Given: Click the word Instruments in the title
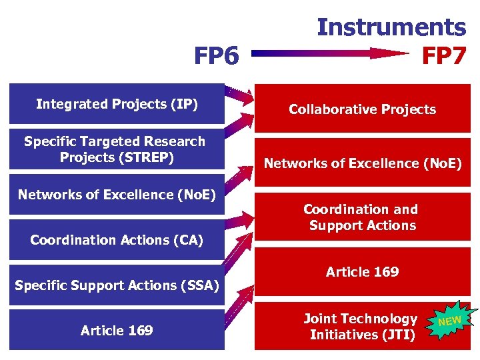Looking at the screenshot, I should [x=391, y=27].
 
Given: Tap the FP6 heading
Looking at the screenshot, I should [x=216, y=57].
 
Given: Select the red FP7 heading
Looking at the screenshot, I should [x=444, y=56].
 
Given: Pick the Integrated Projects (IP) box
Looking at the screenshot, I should [x=117, y=104].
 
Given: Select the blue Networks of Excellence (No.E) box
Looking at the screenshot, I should [x=117, y=195].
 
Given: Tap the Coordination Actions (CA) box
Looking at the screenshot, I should [x=117, y=240].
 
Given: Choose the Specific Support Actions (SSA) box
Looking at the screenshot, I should [x=117, y=286].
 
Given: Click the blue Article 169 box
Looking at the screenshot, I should [x=117, y=331].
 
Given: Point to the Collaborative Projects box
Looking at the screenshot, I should [x=362, y=109].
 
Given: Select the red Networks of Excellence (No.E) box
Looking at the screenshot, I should [x=362, y=163].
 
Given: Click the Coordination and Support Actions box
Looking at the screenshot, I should [x=362, y=217].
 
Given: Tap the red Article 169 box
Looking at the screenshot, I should [x=362, y=272].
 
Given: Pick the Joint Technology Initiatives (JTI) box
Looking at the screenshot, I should [x=362, y=327].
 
